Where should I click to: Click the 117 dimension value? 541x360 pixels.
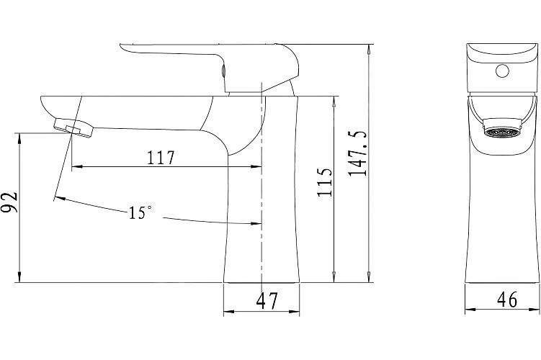[x=161, y=158]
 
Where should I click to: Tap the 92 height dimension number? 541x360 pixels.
[x=9, y=202]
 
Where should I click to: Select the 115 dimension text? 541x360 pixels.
[x=325, y=182]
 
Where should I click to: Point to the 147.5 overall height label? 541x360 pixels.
[x=357, y=154]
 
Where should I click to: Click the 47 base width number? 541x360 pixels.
[x=267, y=301]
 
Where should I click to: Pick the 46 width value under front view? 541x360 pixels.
[x=507, y=300]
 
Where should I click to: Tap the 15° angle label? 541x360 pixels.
[x=140, y=212]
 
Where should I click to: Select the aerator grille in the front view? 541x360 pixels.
[x=501, y=132]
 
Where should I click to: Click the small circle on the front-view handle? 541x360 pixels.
[x=502, y=71]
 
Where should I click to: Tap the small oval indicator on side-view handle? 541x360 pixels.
[x=223, y=71]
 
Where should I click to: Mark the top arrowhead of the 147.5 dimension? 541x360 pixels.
[x=369, y=50]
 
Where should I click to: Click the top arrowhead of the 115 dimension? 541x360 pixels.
[x=334, y=102]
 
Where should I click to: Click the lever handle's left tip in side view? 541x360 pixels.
[x=120, y=45]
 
